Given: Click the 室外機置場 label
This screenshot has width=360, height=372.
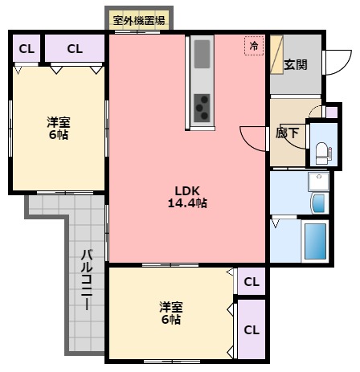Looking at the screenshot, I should [x=138, y=21].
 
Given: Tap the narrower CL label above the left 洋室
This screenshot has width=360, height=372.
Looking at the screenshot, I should [x=27, y=49].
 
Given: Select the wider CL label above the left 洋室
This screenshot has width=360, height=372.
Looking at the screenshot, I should [x=75, y=49].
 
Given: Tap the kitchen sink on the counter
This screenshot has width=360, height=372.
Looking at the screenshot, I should [x=201, y=55].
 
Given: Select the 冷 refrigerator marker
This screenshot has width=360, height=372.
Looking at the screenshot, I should [x=255, y=47].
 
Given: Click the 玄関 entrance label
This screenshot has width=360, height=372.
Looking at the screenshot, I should [x=295, y=65].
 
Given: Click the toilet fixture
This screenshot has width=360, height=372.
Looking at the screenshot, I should [x=323, y=151].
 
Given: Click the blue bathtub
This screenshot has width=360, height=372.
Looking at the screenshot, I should [x=314, y=240].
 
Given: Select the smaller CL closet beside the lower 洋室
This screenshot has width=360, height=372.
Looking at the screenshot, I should [x=252, y=282].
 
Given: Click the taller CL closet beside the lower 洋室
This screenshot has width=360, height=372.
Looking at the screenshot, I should [x=252, y=329].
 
